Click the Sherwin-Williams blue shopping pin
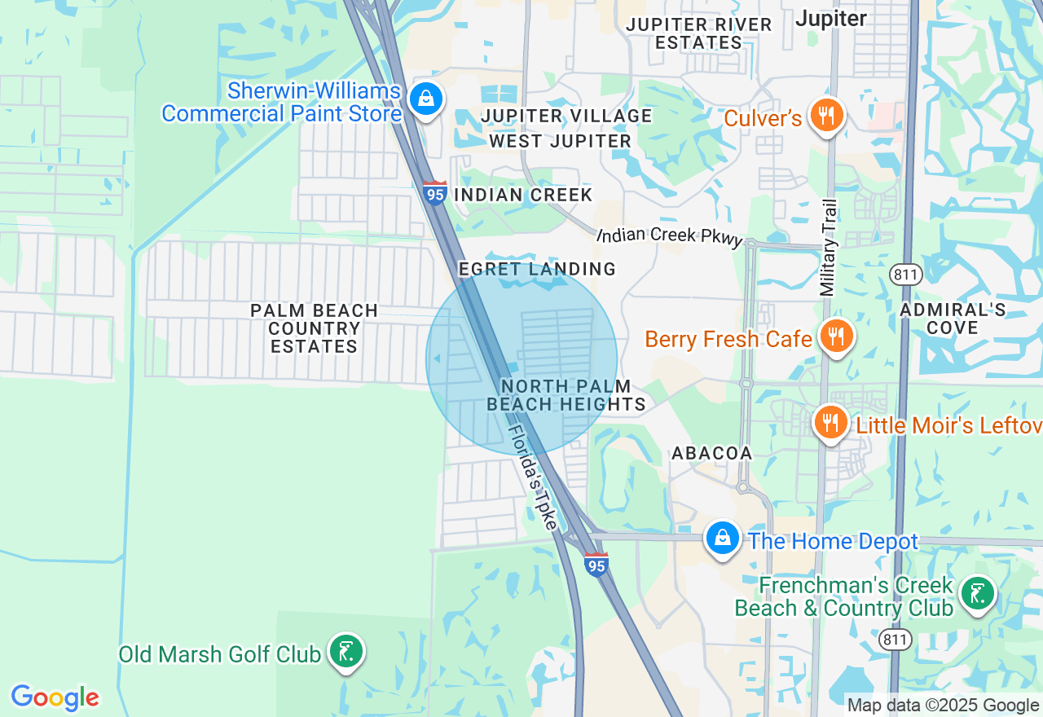425,99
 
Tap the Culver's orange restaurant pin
827,116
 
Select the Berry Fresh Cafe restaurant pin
836,336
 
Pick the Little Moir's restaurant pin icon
830,423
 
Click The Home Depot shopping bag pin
722,539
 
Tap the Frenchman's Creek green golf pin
977,594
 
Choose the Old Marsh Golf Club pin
346,651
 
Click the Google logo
55,698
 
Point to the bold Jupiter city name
831,18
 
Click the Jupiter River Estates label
699,33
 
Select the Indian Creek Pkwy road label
670,235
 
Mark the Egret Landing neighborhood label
537,269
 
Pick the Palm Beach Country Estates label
315,328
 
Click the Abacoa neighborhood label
711,453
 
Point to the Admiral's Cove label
953,319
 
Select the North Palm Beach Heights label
566,395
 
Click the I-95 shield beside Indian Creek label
435,193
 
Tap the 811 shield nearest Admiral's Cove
906,275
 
